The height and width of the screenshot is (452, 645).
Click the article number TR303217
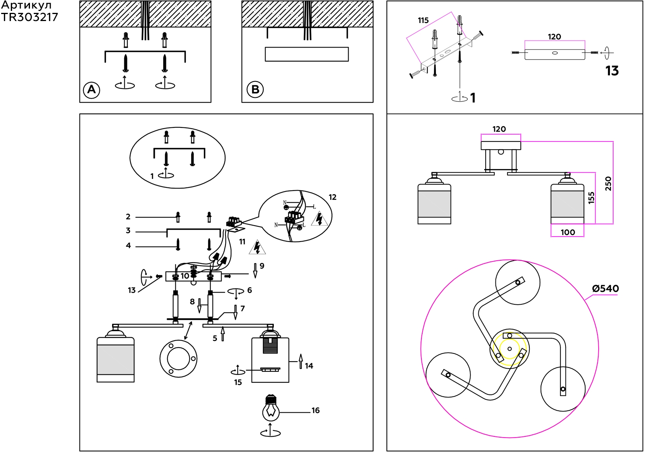point(29,17)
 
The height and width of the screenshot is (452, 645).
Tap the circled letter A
point(92,90)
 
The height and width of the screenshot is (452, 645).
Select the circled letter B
point(255,90)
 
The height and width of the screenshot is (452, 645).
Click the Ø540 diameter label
point(605,289)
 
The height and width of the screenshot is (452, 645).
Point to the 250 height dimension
point(608,184)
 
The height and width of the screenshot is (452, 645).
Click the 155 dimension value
point(591,198)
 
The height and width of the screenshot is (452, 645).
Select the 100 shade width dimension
point(567,232)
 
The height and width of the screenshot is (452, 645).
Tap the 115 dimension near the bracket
point(423,20)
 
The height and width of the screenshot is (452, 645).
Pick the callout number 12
point(332,197)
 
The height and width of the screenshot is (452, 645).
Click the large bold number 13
point(612,71)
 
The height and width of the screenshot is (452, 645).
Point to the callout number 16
point(315,410)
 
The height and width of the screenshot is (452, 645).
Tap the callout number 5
point(215,338)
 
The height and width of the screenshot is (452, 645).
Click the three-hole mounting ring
point(178,358)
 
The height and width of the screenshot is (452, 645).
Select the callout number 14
point(309,366)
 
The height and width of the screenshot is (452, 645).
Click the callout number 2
point(128,217)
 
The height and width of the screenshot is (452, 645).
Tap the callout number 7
point(242,309)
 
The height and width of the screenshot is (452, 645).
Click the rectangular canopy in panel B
point(307,54)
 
